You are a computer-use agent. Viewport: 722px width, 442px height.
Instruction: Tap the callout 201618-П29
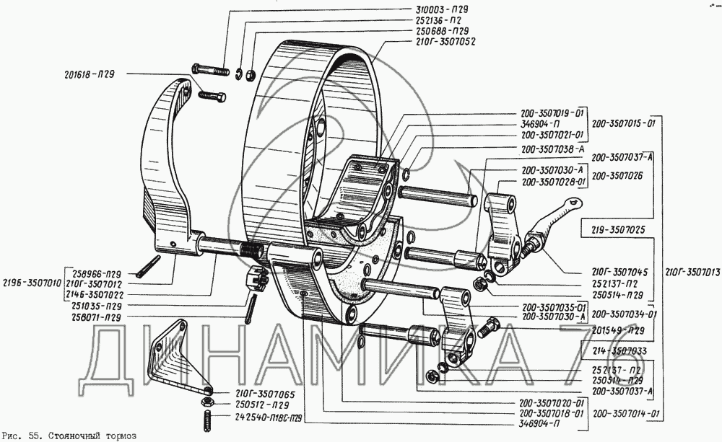[x=90, y=74]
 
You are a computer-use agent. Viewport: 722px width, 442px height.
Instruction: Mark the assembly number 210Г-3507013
[x=691, y=273]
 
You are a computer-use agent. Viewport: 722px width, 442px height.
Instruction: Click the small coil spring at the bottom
[x=205, y=419]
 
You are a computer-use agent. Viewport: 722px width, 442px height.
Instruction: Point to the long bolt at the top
[x=210, y=71]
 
